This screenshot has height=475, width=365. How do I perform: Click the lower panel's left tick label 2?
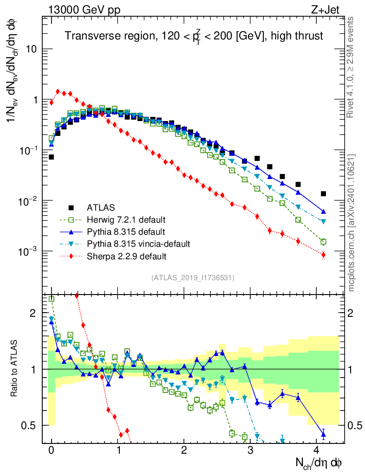coord(33,313)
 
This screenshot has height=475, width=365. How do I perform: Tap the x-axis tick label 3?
coord(251,450)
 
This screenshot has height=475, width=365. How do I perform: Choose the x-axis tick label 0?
coord(52,450)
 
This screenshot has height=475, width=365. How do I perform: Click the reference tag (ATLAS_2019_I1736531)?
coord(193,278)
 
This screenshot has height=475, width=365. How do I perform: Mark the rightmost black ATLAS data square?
coord(323,193)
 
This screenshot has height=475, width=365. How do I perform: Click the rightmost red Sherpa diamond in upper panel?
coord(323,255)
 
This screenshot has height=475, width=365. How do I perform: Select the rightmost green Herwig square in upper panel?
coord(323,242)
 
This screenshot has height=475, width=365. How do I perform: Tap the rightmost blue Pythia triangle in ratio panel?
coord(323,434)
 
